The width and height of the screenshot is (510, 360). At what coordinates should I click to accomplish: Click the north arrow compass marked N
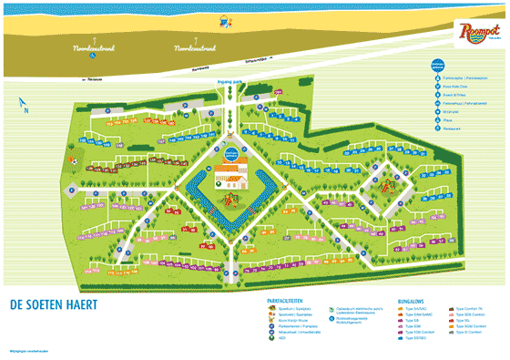coord(25,107)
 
